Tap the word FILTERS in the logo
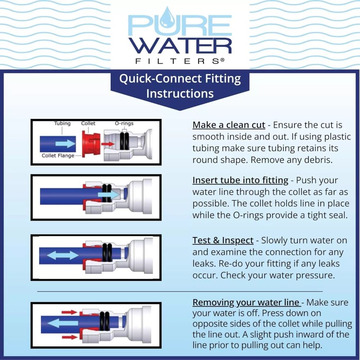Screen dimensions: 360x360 [180, 60]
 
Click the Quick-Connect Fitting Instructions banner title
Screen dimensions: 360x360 [180, 86]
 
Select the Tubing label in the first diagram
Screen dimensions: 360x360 [62, 123]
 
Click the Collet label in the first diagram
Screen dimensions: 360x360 [88, 123]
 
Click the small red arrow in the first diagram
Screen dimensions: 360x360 [107, 144]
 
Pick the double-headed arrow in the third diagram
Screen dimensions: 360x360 [63, 255]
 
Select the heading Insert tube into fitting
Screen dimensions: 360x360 [240, 180]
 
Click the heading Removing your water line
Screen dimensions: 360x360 [246, 302]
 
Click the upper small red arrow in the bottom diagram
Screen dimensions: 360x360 [68, 311]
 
